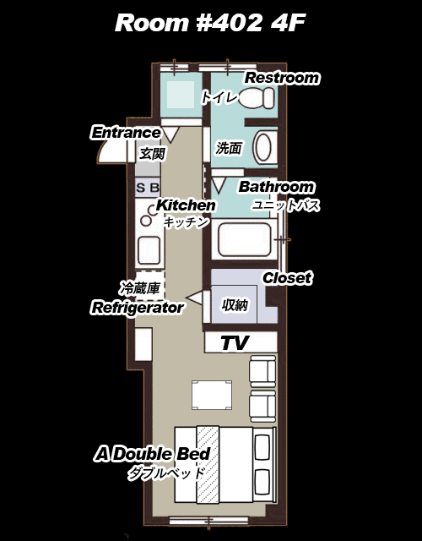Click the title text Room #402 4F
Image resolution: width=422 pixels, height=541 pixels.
(x=210, y=23)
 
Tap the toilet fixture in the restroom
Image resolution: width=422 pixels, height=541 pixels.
(x=257, y=98)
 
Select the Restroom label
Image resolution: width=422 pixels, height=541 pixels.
(x=282, y=78)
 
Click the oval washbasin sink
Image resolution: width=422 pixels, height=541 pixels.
(x=263, y=148)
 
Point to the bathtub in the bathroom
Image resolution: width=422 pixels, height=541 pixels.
(x=244, y=239)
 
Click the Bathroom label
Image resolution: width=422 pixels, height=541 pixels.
(x=276, y=187)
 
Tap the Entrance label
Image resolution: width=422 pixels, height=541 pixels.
(x=126, y=133)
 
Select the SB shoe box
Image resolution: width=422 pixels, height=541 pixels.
(x=148, y=188)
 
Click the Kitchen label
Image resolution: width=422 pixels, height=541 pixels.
(x=186, y=205)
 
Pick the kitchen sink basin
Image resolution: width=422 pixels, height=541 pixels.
(x=149, y=250)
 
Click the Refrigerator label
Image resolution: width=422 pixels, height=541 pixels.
(x=137, y=308)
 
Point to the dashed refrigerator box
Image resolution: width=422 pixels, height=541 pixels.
(x=150, y=286)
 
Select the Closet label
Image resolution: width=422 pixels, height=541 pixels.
(x=287, y=278)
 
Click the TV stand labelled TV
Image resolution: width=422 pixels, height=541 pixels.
(x=241, y=342)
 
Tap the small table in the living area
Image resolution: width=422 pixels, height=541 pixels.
(x=212, y=395)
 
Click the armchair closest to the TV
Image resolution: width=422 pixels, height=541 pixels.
(x=262, y=372)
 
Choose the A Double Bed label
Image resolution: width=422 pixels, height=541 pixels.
(x=152, y=454)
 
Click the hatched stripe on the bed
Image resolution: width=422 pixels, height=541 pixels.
(x=208, y=464)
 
